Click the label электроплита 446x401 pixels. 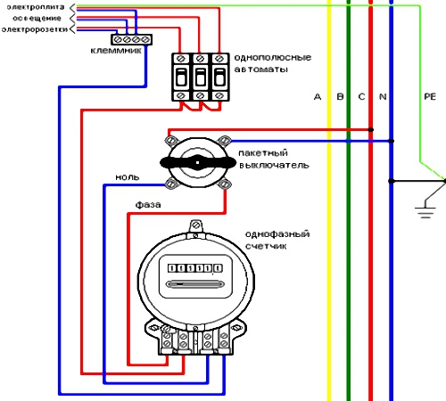click(x=36, y=7)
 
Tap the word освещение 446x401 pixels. click(x=37, y=19)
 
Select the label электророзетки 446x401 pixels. click(x=35, y=29)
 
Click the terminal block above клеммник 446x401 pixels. click(x=131, y=39)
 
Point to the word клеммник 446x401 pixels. click(x=116, y=51)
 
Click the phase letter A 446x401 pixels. click(x=318, y=96)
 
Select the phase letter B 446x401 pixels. click(x=340, y=96)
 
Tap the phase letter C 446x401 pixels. click(x=361, y=96)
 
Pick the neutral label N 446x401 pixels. click(x=383, y=96)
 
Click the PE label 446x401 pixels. click(x=430, y=96)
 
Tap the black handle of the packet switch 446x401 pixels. click(x=198, y=162)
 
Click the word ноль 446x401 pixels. click(x=128, y=177)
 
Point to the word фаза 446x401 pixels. click(x=148, y=205)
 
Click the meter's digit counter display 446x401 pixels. click(x=195, y=268)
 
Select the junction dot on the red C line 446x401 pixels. click(x=371, y=129)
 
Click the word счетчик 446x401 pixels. click(x=266, y=246)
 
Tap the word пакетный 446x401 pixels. click(x=263, y=153)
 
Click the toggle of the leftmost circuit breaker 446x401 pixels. click(x=181, y=78)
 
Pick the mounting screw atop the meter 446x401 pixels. click(x=195, y=225)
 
